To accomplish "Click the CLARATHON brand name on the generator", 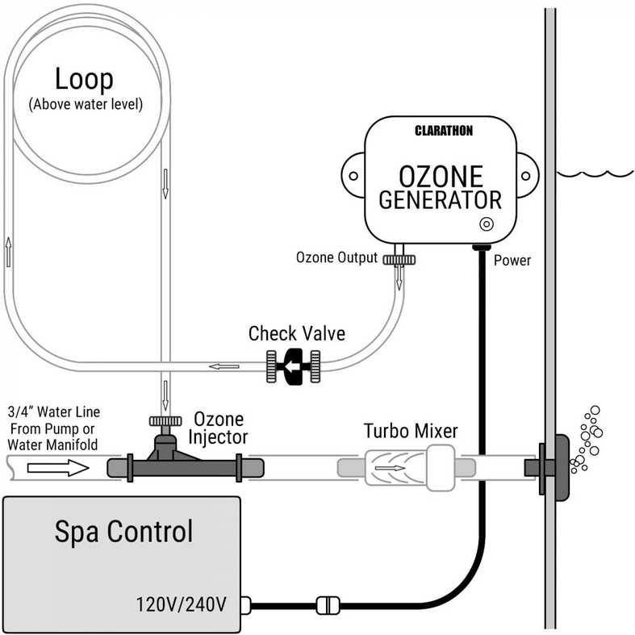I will point(443,130).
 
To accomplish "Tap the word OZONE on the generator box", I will point(441,176).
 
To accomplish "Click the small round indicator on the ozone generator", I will point(487,224).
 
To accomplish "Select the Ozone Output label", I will point(336,258).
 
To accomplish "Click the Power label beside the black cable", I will point(512,261).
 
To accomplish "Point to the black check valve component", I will point(293,366).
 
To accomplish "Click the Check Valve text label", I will point(296,333).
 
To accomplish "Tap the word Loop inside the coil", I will point(84,79).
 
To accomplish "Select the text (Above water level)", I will point(85,105).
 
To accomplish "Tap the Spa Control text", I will point(123,532).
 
